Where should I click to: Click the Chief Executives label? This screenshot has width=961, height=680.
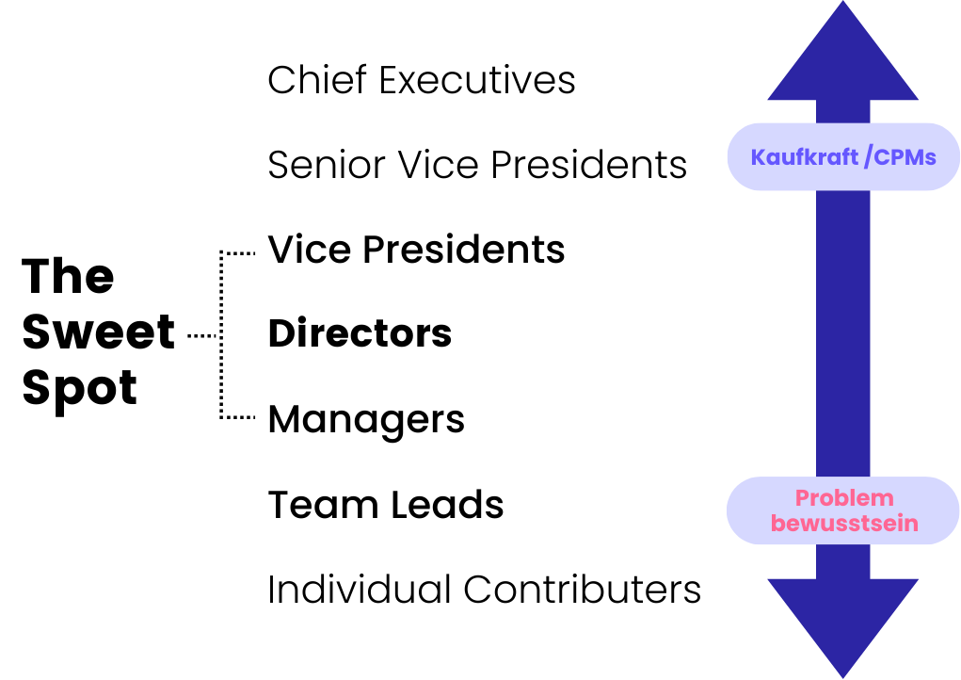421,80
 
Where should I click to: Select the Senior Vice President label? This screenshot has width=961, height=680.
477,165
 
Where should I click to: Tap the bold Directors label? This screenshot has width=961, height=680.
360,333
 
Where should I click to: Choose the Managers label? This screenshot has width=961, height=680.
366,418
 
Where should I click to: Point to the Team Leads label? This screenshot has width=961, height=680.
386,505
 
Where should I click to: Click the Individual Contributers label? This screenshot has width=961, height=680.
484,590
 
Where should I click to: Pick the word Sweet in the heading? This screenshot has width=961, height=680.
99,332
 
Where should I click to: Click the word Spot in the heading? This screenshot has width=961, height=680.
80,387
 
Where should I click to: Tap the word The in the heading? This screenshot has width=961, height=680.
68,276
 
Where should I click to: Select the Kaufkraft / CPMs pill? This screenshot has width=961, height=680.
843,156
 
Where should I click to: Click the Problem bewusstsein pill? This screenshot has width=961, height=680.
843,510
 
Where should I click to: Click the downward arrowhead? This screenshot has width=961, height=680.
842,626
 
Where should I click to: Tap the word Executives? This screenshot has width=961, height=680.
477,80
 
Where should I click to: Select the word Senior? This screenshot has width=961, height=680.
326,165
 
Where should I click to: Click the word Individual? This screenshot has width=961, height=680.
360,590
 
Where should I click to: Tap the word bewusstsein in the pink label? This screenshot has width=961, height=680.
843,523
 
